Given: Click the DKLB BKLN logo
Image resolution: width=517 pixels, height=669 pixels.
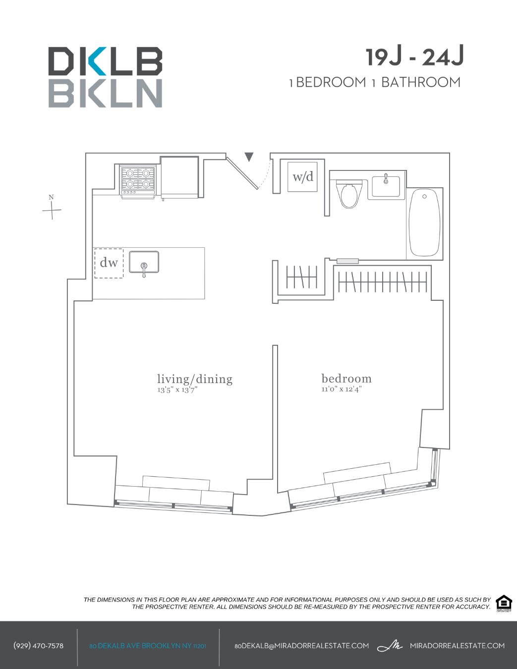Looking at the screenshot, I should click(x=105, y=77).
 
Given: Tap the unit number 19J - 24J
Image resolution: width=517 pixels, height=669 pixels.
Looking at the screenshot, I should click(x=415, y=57).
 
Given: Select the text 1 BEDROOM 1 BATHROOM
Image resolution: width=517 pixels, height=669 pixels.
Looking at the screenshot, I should click(x=375, y=82).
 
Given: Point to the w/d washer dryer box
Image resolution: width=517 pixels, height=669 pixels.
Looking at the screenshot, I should click(x=303, y=176).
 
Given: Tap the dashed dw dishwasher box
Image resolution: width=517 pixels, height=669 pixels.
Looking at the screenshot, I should click(x=109, y=263).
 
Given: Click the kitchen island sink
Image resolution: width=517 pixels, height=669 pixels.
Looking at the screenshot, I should click(x=144, y=262).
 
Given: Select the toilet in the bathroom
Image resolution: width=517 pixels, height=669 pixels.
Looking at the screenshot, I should click(x=349, y=194).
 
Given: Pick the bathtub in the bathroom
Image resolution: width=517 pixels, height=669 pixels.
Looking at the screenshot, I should click(x=424, y=222).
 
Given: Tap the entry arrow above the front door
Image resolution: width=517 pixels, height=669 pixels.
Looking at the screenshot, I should click(x=249, y=157).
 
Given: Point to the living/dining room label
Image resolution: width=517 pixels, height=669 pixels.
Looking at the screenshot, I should click(x=195, y=379).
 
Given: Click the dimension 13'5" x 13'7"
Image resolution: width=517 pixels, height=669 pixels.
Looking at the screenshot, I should click(x=177, y=390).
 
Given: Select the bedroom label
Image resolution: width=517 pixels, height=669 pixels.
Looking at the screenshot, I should click(x=346, y=379).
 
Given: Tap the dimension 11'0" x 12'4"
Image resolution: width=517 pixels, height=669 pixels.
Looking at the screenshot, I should click(x=341, y=389).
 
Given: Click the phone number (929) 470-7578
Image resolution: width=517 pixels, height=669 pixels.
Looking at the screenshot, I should click(x=39, y=646).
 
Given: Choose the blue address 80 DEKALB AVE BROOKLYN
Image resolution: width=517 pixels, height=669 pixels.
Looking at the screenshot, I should click(x=148, y=646).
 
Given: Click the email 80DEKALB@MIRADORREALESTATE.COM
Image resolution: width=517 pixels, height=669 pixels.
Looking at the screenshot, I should click(x=301, y=646).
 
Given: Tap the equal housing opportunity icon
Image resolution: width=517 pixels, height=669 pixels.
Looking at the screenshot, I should click(x=504, y=603).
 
